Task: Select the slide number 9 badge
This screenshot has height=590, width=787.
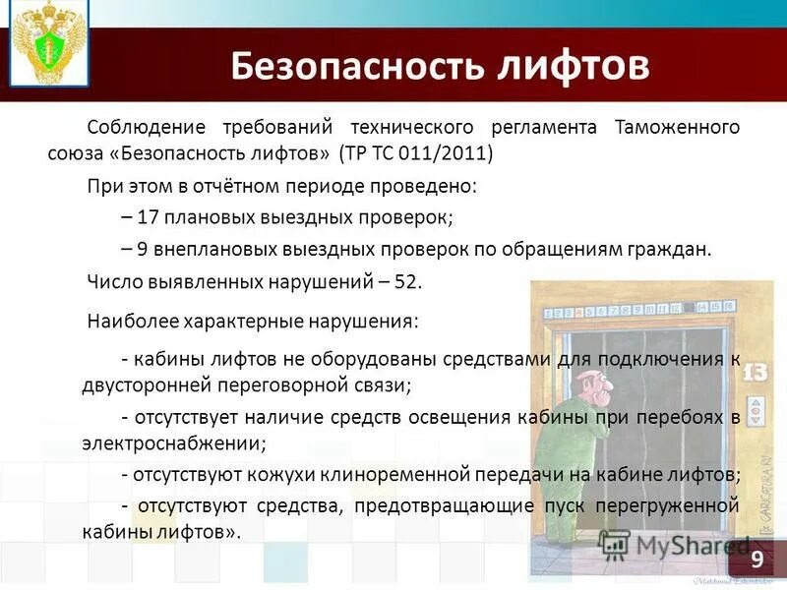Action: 757,560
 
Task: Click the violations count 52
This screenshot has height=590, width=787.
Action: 406,281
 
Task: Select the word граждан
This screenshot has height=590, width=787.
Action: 668,249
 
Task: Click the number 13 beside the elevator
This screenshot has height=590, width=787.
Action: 755,373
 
